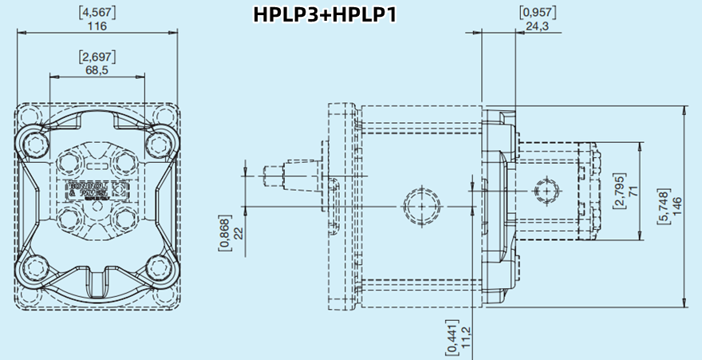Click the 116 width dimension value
pos(97,26)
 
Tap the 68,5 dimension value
pos(97,70)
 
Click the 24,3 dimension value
pos(537,26)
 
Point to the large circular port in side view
pos(420,204)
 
